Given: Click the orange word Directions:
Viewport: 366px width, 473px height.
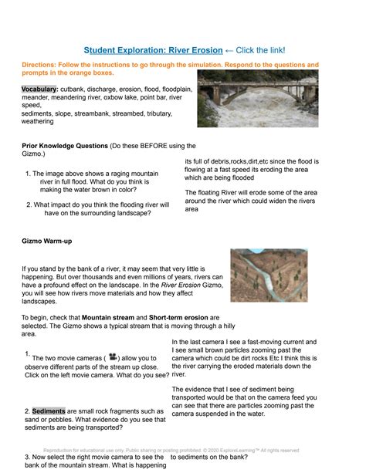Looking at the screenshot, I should (44, 66).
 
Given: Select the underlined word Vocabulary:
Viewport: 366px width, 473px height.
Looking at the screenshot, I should (39, 90).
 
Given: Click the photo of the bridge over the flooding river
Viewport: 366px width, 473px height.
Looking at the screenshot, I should (257, 99).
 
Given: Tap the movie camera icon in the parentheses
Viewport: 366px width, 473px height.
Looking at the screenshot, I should (113, 357).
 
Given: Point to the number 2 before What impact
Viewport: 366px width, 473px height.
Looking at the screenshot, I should (27, 204).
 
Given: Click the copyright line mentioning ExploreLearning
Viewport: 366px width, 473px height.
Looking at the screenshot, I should (182, 450).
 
